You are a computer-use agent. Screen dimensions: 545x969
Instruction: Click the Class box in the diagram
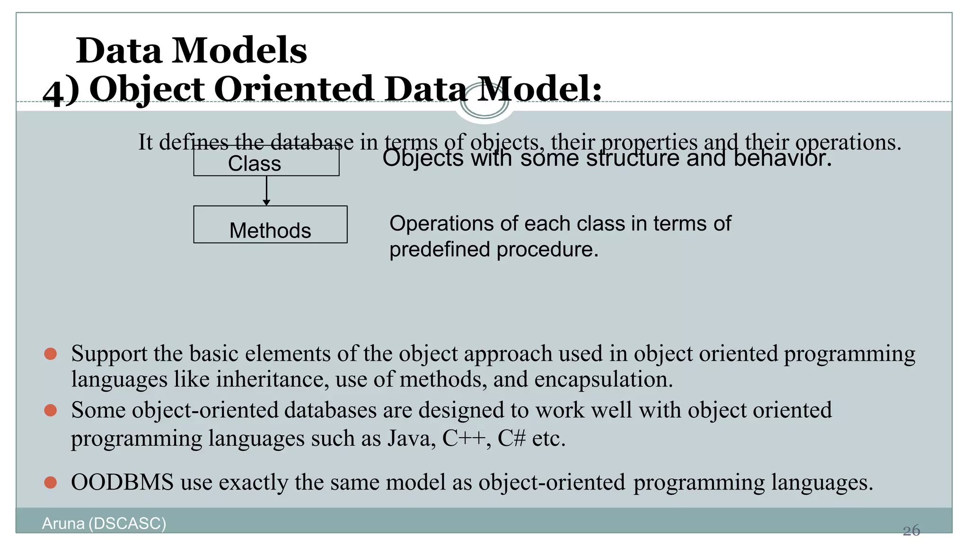coord(266,162)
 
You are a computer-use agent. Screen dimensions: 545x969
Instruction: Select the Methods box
coord(270,225)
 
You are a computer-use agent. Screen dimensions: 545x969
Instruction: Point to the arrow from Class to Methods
coord(266,191)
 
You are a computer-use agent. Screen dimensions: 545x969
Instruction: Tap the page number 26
coord(911,530)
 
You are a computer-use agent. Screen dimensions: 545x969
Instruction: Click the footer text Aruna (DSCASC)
coord(104,523)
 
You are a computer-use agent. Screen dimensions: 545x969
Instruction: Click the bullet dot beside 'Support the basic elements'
coord(51,354)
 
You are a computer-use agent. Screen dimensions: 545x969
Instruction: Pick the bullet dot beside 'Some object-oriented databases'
coord(51,410)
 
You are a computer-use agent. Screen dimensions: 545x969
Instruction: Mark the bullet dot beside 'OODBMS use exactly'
coord(51,483)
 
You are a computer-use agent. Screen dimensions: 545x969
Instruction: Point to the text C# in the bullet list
coord(511,439)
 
